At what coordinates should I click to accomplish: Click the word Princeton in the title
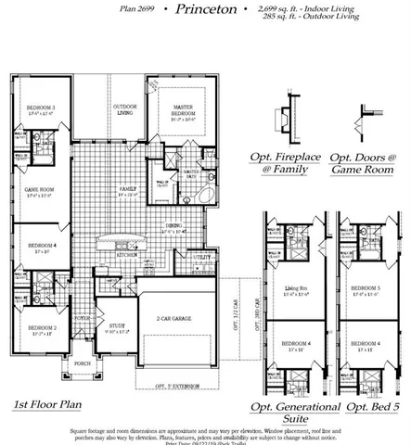[x=199, y=10]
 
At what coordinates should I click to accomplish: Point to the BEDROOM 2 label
[x=42, y=328]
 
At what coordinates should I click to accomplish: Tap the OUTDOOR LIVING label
[x=126, y=110]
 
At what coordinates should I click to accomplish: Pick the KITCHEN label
[x=127, y=253]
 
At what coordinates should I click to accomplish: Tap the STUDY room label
[x=115, y=325]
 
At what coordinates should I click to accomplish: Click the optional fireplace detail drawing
[x=285, y=120]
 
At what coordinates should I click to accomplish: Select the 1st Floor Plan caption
[x=49, y=405]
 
